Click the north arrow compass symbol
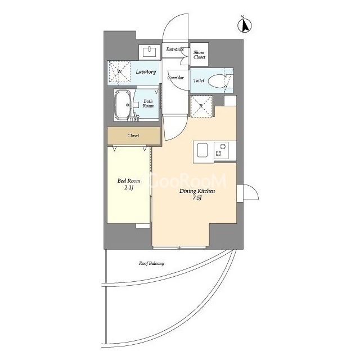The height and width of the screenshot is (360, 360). [x=245, y=25]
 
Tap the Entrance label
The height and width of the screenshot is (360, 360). [x=175, y=49]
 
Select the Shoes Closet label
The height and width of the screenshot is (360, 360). [x=199, y=55]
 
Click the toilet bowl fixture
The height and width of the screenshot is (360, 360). [x=218, y=80]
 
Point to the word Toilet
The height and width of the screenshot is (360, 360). [x=199, y=80]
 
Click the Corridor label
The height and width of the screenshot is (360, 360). [x=175, y=78]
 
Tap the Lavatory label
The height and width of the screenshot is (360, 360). [x=146, y=71]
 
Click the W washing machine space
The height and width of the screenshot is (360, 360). [x=119, y=71]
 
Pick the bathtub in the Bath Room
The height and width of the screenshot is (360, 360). [x=123, y=105]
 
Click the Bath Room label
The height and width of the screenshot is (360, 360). [x=148, y=103]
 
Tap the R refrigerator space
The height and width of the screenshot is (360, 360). [x=201, y=106]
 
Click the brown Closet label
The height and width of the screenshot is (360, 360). [x=133, y=136]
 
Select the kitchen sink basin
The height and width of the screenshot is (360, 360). [x=202, y=150]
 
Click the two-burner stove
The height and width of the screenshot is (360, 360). [x=221, y=150]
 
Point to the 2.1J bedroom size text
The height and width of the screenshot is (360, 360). [x=129, y=187]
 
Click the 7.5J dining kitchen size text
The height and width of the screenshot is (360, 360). [x=197, y=197]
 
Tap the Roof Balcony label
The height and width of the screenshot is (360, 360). [x=151, y=263]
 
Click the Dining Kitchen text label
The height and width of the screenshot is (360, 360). [x=197, y=191]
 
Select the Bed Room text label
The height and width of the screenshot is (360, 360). [x=129, y=181]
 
